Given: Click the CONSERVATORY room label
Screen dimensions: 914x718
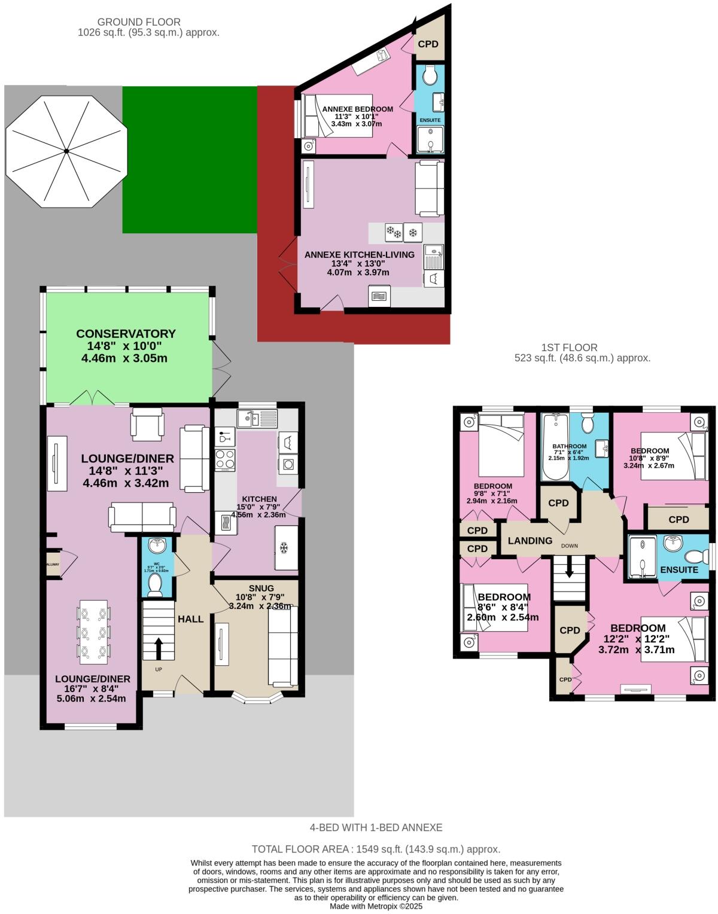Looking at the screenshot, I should pyautogui.click(x=126, y=334).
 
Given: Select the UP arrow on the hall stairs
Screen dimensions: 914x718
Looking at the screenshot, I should pyautogui.click(x=159, y=647).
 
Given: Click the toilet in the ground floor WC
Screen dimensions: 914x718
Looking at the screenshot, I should pyautogui.click(x=156, y=585).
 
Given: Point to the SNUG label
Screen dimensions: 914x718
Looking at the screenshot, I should pyautogui.click(x=261, y=588).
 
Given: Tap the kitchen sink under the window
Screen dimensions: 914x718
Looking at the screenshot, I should pyautogui.click(x=257, y=418).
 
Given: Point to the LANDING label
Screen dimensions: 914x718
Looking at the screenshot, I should pyautogui.click(x=530, y=541).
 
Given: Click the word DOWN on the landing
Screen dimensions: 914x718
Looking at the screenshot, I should pyautogui.click(x=570, y=546).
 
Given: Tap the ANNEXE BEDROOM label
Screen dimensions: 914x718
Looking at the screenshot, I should pyautogui.click(x=357, y=109).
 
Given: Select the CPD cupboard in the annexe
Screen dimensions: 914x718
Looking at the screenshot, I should pyautogui.click(x=428, y=44).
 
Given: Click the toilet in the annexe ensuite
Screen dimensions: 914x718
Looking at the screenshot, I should pyautogui.click(x=429, y=75).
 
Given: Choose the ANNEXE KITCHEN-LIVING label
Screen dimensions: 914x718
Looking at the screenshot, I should pyautogui.click(x=359, y=254).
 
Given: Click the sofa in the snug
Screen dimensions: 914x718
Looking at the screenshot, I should pyautogui.click(x=282, y=646).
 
